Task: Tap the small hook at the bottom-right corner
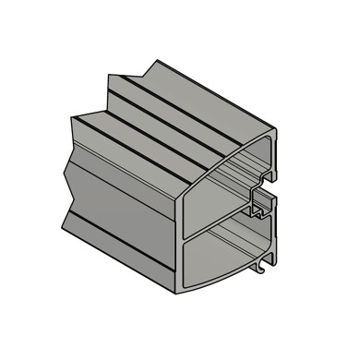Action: pos(266,269)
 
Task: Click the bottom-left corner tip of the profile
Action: pos(64,225)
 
